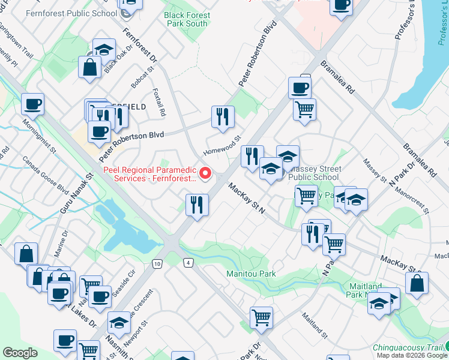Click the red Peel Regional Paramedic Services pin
tap(205, 173)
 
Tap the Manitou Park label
tap(251, 274)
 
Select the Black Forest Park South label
tap(187, 19)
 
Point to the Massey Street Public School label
tap(313, 173)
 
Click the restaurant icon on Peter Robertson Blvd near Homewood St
tap(222, 118)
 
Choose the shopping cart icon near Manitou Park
tap(261, 318)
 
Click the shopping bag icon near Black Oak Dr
tap(89, 68)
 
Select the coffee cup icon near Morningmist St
tap(32, 104)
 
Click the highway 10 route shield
tap(157, 263)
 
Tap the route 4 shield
tap(188, 263)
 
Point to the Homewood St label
tap(222, 144)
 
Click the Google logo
tap(20, 353)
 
